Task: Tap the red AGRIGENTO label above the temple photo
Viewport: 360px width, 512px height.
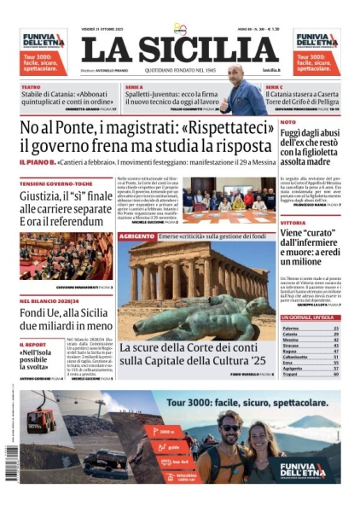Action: click(x=136, y=235)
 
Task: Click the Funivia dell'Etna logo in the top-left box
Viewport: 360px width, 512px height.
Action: click(x=43, y=39)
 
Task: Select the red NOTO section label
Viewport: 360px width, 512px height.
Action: click(x=288, y=122)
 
